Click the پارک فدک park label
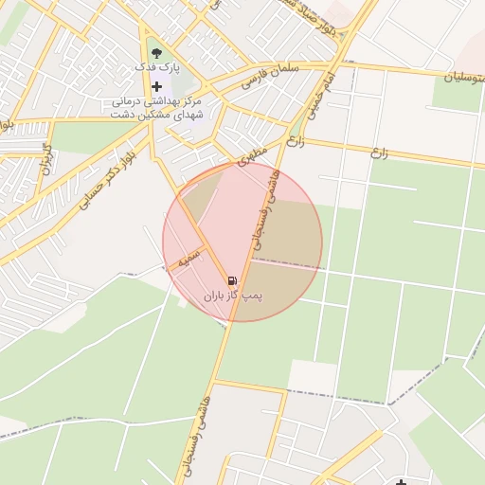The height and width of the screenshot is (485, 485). tap(157, 68)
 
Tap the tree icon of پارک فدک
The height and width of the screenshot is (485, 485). tap(156, 53)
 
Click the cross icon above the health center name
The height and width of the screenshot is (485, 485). tap(156, 86)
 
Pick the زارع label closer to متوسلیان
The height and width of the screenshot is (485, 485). tap(381, 151)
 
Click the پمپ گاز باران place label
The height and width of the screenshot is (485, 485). tap(233, 296)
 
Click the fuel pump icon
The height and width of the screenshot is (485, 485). tap(233, 279)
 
